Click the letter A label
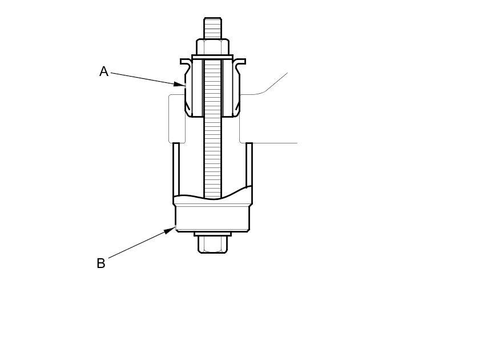(x=104, y=71)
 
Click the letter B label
(x=101, y=263)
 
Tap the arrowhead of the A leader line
(x=180, y=84)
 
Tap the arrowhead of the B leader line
(x=170, y=230)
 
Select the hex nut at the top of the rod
(x=212, y=47)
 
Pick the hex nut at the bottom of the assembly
(x=212, y=245)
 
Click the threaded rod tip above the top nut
(x=212, y=28)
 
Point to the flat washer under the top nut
(x=212, y=57)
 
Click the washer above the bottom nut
(x=212, y=234)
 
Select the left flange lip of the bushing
(x=186, y=62)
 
